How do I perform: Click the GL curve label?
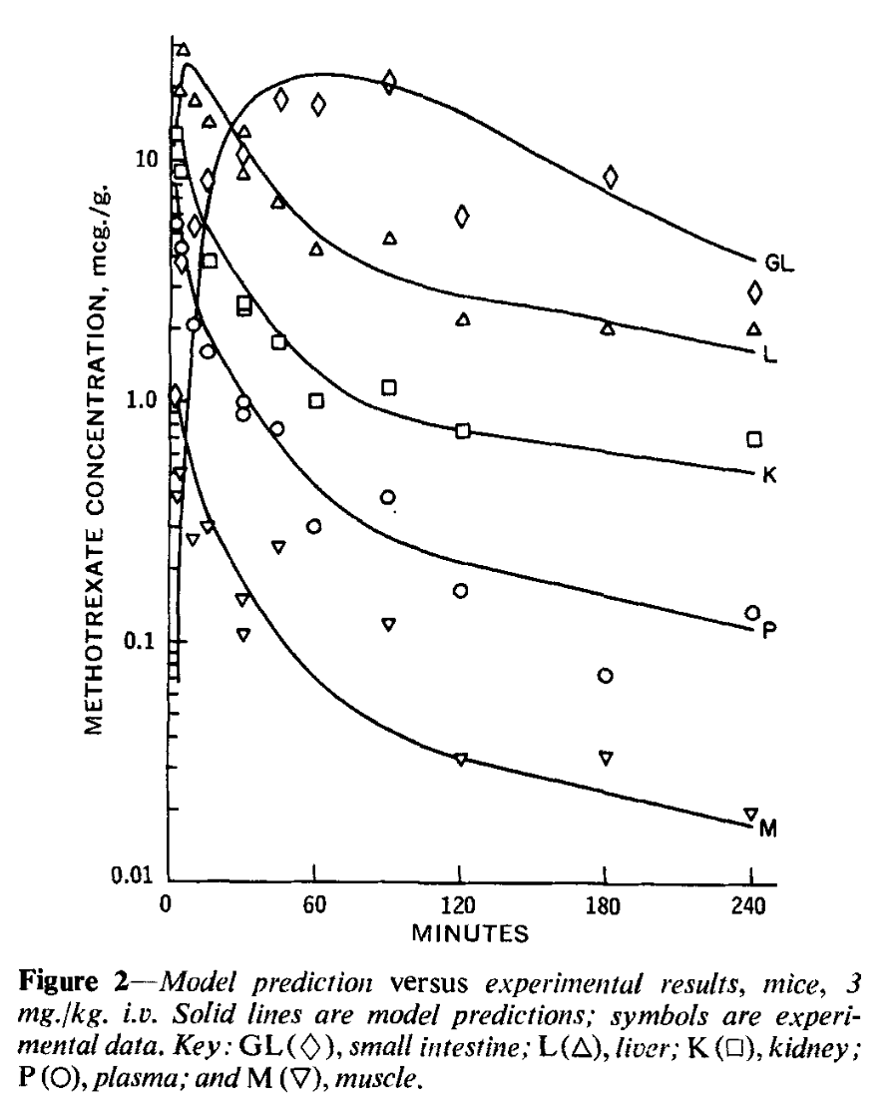779,265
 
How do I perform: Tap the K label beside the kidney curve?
769,475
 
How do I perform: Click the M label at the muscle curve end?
768,828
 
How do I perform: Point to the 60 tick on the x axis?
313,907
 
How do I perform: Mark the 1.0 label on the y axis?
138,399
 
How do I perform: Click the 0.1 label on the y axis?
139,640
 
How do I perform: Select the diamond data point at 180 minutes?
611,178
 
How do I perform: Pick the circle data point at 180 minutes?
606,676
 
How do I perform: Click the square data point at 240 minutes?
755,439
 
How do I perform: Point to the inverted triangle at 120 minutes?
460,759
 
